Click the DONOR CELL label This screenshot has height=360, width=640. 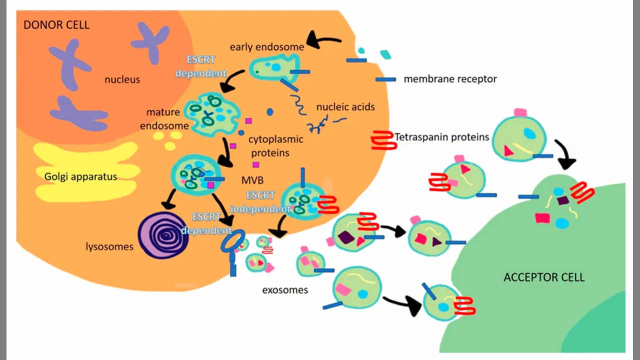56,24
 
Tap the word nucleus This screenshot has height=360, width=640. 122,79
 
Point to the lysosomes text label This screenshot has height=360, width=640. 109,246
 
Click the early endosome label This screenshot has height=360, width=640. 267,47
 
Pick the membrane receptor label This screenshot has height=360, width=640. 450,79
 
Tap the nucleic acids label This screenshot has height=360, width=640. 345,106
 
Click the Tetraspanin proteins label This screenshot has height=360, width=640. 441,136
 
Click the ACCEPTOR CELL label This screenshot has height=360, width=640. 544,277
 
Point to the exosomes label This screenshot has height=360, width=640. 285,289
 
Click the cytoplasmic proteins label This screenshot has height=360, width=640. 276,146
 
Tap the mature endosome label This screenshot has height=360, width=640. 164,119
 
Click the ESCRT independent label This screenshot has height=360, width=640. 260,202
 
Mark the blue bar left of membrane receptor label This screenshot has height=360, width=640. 385,79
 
